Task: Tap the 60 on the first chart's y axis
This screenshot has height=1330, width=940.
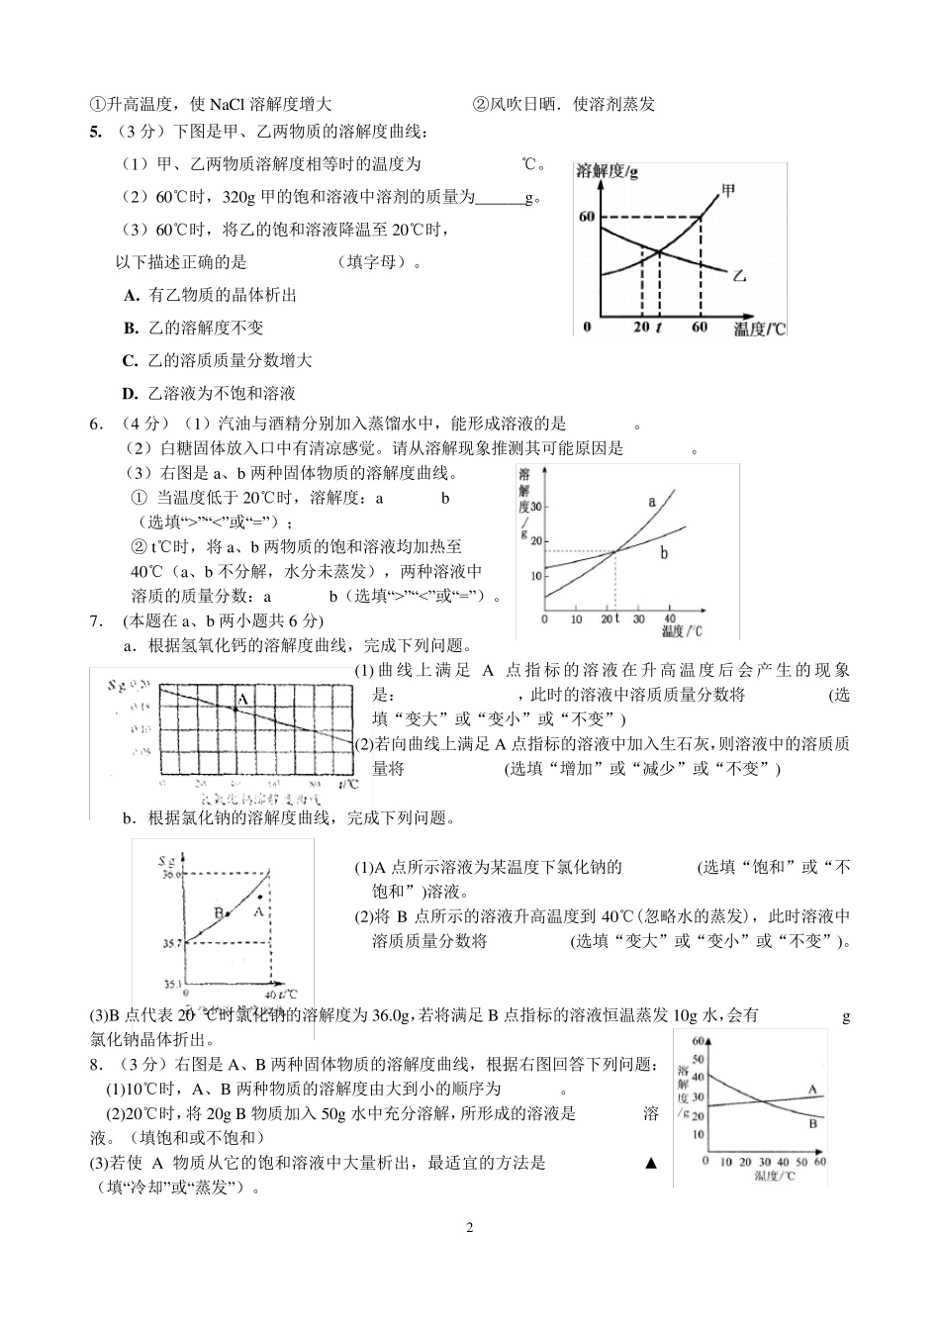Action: [x=586, y=217]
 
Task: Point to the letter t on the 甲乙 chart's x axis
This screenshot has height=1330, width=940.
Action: [x=659, y=328]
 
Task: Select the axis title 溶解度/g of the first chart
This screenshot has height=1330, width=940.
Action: [x=607, y=171]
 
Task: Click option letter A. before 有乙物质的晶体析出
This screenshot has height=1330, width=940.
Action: [x=131, y=295]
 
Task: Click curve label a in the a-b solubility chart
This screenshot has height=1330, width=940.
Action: [x=652, y=502]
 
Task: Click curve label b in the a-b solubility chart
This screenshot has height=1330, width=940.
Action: [x=664, y=553]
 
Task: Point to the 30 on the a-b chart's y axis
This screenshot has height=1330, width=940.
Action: [x=537, y=505]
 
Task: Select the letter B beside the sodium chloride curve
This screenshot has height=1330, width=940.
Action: [x=217, y=911]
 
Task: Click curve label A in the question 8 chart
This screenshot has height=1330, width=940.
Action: [x=812, y=1090]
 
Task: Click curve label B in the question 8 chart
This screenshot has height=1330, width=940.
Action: [x=812, y=1123]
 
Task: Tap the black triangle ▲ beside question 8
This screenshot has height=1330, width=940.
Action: [x=650, y=1163]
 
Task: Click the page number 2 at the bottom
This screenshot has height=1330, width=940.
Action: [x=470, y=1228]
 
